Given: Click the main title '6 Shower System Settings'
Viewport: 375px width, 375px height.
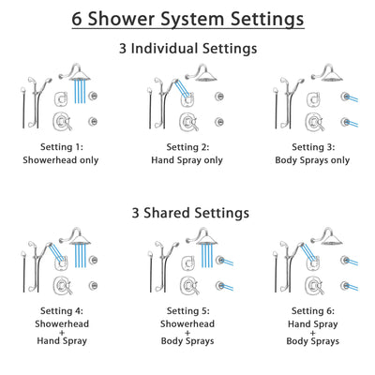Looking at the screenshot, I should pos(187,19).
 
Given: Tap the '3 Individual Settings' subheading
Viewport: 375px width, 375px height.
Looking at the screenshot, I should pos(187,49).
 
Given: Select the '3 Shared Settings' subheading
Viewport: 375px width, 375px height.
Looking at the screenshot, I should pos(187,213).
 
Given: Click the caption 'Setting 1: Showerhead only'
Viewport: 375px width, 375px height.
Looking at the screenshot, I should pos(63,153).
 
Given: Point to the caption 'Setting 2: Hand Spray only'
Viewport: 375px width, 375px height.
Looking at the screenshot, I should pos(187,153).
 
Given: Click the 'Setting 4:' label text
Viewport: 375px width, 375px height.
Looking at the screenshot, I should pos(63,311).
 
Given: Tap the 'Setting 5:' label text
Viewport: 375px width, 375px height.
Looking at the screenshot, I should pos(187,311).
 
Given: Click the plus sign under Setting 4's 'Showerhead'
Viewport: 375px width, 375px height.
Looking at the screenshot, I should pos(63,332).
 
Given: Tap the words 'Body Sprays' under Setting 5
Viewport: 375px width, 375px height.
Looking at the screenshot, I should pos(187,343).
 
